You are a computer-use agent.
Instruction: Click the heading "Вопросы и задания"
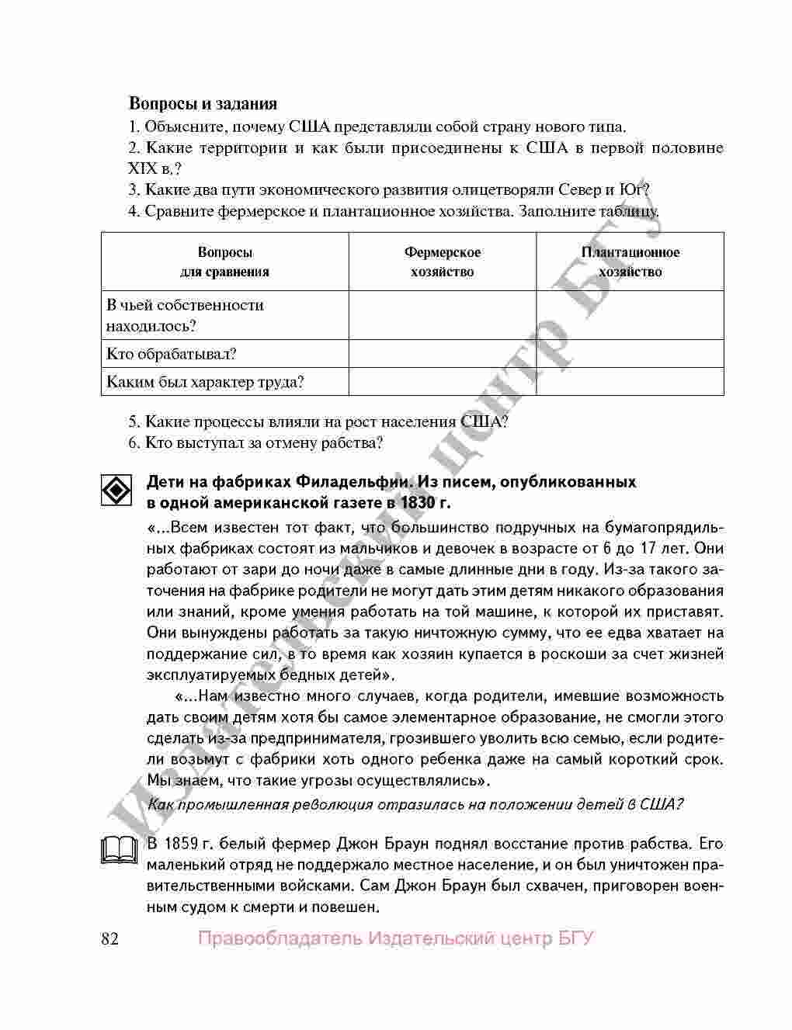click(x=203, y=103)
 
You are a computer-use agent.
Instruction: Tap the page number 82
click(x=110, y=939)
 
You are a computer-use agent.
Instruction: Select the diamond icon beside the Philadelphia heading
click(x=116, y=491)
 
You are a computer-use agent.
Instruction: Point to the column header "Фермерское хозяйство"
click(x=442, y=262)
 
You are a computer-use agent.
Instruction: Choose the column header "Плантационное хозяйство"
click(x=630, y=262)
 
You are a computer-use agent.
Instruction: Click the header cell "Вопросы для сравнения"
click(x=224, y=262)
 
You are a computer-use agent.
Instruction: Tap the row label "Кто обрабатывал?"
click(x=171, y=354)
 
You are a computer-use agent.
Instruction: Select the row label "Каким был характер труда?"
click(x=205, y=382)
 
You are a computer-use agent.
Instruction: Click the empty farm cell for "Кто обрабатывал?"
click(x=442, y=354)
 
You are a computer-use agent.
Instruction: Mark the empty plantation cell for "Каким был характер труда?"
click(x=630, y=382)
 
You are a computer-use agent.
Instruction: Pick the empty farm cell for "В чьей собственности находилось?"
click(x=442, y=315)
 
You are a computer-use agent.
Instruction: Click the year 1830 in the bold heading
click(x=415, y=502)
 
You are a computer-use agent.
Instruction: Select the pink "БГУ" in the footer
click(x=575, y=939)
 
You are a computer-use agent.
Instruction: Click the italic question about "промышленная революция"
click(x=415, y=804)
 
